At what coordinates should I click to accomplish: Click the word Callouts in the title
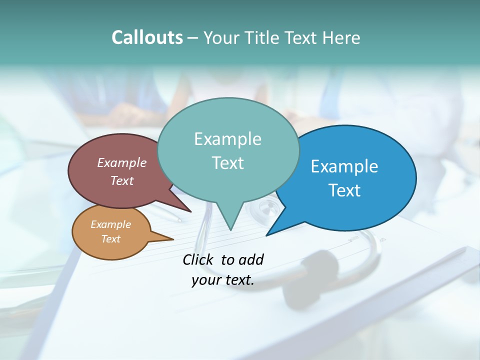(147, 37)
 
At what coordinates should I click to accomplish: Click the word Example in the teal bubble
(227, 139)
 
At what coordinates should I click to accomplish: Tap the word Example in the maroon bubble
(121, 162)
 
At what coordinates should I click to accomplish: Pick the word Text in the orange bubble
(110, 239)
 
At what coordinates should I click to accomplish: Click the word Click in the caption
(197, 259)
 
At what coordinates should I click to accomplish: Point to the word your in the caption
(205, 280)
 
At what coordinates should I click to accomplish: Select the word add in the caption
(251, 259)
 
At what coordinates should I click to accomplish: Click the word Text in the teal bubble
(227, 163)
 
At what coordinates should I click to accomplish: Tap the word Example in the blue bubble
(344, 166)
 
